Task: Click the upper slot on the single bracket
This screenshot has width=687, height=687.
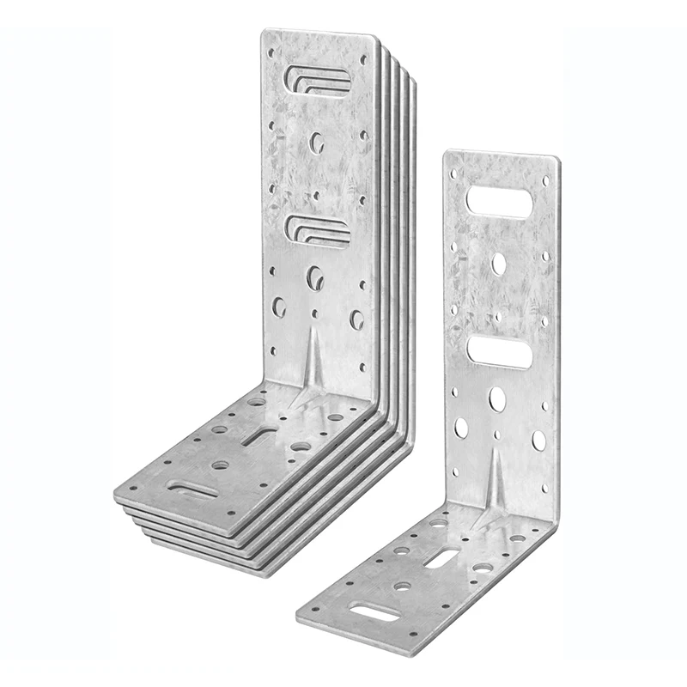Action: click(499, 203)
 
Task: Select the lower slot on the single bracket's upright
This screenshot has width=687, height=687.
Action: click(499, 352)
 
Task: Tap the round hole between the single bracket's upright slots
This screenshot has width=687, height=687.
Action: click(499, 264)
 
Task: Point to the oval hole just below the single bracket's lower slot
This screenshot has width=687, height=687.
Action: click(497, 398)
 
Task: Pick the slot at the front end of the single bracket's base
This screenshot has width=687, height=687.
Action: click(374, 612)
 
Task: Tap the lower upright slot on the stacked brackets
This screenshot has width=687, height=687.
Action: click(318, 230)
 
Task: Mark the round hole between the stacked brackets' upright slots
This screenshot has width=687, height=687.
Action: click(316, 142)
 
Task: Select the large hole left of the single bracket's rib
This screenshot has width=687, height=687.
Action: click(461, 428)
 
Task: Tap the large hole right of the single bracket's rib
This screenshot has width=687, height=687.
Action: click(538, 440)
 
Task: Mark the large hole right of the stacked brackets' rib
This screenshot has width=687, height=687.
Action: click(356, 319)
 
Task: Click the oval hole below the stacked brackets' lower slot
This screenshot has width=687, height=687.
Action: click(315, 277)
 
